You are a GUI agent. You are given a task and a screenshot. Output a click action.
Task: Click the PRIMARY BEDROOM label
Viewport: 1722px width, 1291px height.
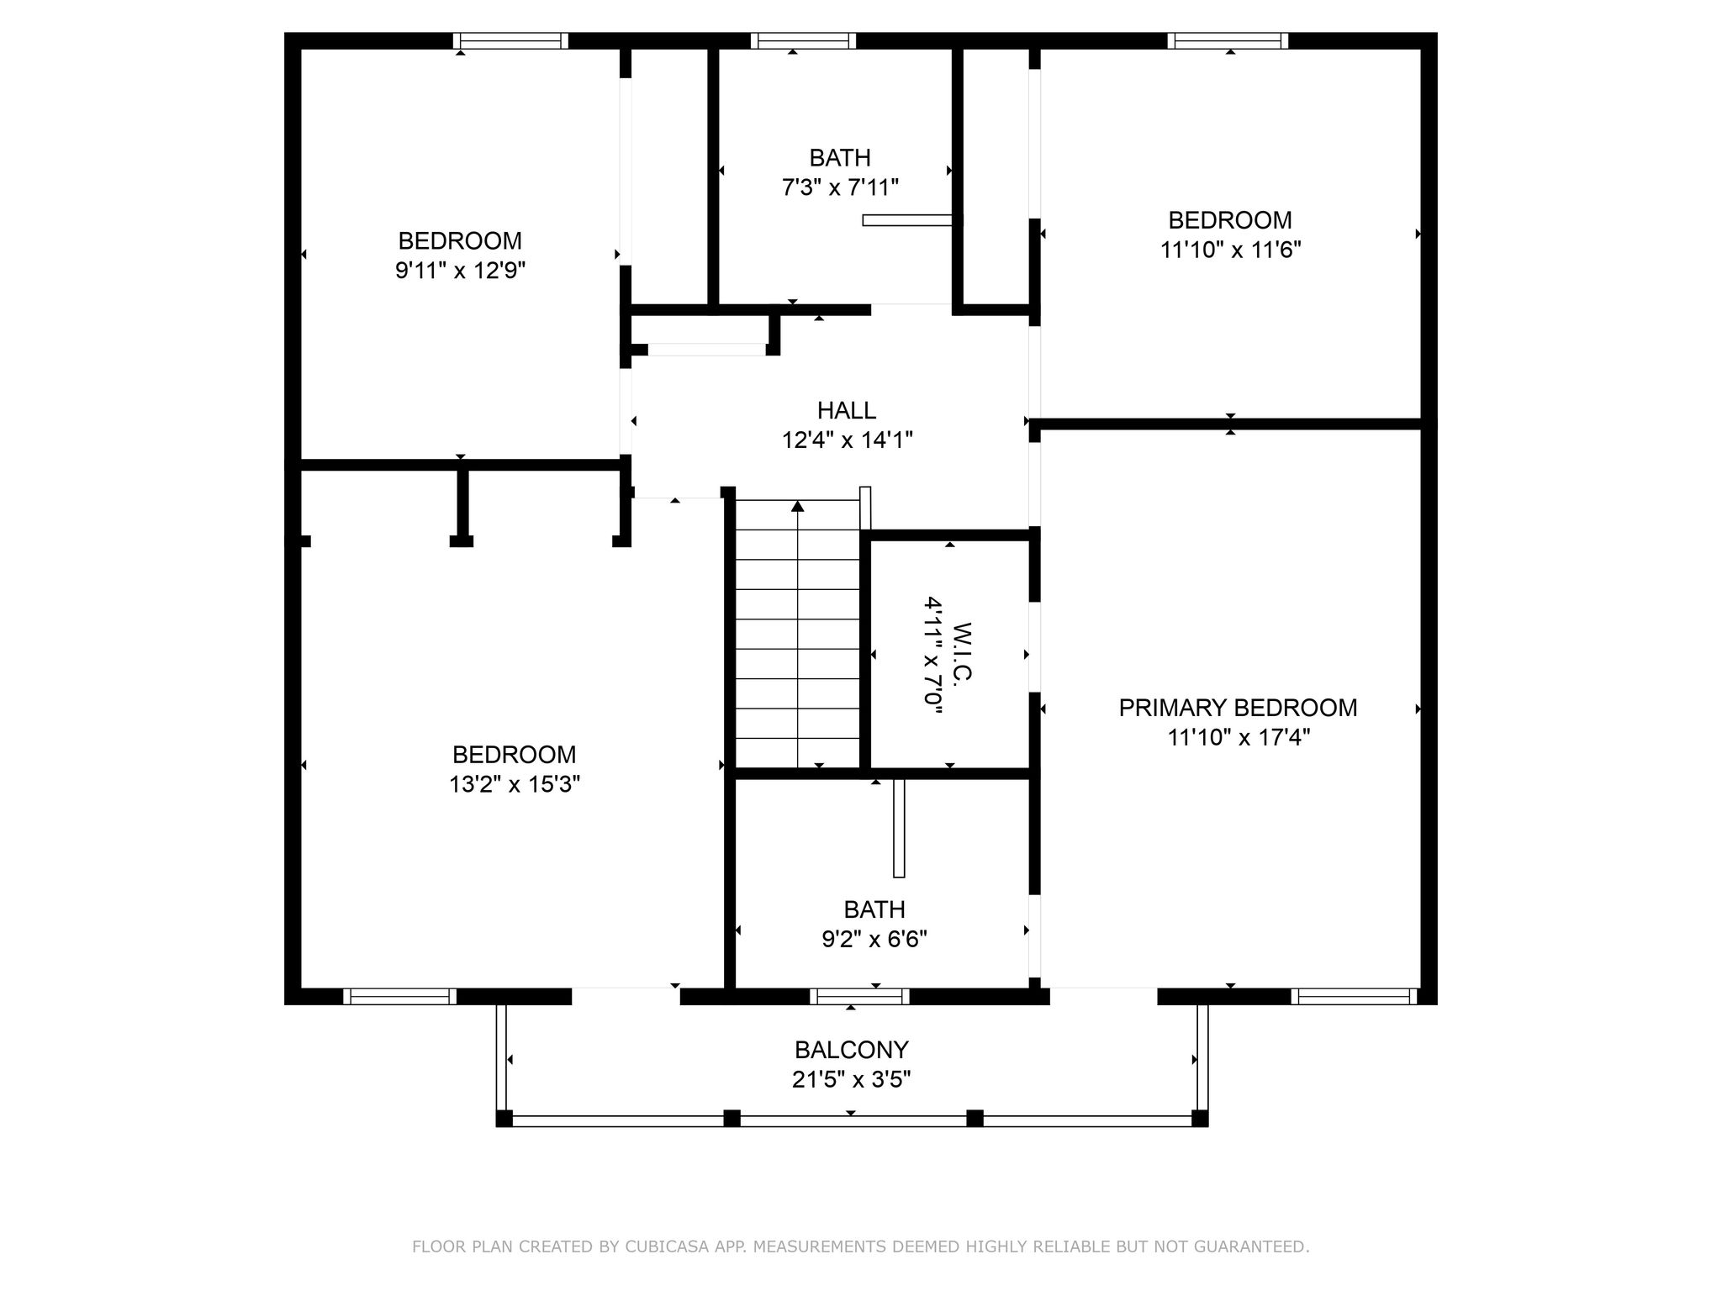click(x=1238, y=708)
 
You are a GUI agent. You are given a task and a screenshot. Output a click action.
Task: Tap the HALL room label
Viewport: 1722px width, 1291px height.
click(x=847, y=410)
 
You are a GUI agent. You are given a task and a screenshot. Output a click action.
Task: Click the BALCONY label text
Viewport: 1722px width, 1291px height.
click(x=852, y=1050)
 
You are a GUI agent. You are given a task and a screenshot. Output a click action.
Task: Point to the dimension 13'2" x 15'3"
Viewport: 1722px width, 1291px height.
click(x=515, y=784)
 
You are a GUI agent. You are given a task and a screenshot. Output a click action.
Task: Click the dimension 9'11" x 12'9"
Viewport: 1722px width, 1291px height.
click(x=461, y=271)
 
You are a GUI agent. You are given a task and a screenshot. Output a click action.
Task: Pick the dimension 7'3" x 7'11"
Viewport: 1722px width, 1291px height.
click(x=841, y=187)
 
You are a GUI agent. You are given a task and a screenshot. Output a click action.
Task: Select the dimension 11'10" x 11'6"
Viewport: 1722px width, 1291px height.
click(x=1231, y=250)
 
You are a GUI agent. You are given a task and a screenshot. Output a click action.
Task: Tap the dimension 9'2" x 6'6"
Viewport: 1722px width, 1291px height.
click(x=874, y=939)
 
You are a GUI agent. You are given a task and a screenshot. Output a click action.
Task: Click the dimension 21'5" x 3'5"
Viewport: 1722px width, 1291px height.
click(x=852, y=1079)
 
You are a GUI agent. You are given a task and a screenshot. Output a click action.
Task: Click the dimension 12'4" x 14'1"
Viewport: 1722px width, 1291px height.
click(x=848, y=440)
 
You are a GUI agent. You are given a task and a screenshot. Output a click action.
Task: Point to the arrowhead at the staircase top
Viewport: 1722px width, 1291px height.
click(x=798, y=506)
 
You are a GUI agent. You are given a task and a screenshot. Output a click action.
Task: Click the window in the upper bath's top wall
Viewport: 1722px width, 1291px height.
click(x=803, y=40)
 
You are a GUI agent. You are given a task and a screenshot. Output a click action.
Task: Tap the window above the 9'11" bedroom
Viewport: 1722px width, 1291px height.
click(x=510, y=40)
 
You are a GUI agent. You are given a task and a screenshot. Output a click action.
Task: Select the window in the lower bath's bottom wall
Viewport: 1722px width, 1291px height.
click(x=859, y=997)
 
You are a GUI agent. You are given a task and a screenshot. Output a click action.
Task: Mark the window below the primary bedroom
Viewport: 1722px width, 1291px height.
click(x=1354, y=997)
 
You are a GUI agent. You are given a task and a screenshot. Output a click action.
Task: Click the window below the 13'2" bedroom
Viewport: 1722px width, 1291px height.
click(x=399, y=997)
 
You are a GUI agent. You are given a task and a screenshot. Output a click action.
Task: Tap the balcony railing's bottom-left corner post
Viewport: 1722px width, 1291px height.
click(x=504, y=1119)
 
